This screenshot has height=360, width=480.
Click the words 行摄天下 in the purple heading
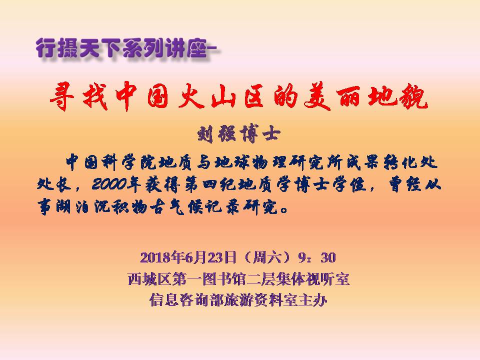pyautogui.click(x=78, y=48)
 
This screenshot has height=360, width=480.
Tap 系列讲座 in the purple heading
pyautogui.click(x=165, y=48)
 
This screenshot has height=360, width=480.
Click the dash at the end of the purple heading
pyautogui.click(x=213, y=48)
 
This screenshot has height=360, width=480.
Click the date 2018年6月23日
pyautogui.click(x=188, y=258)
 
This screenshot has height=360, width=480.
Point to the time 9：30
pyautogui.click(x=316, y=258)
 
